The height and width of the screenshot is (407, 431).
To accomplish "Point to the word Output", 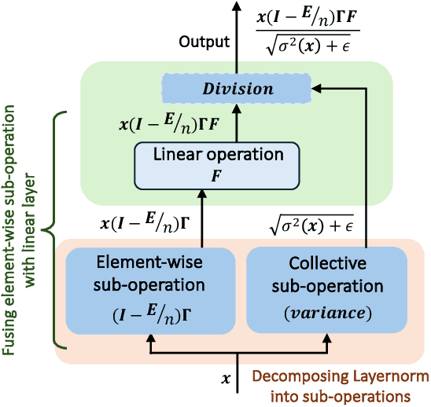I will (x=204, y=42).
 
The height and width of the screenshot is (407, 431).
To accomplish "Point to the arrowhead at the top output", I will (x=238, y=6).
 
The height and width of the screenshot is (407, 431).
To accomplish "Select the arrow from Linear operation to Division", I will (x=238, y=122).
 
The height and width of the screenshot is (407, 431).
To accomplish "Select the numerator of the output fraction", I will (x=308, y=18).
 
